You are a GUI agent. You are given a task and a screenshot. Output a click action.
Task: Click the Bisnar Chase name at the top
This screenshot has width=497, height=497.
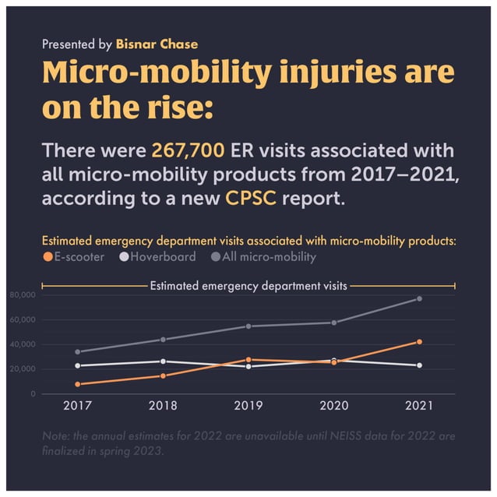157,44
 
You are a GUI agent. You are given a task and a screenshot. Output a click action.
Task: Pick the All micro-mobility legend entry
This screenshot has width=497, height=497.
263,256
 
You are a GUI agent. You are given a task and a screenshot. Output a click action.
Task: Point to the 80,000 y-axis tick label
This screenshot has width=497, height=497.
23,295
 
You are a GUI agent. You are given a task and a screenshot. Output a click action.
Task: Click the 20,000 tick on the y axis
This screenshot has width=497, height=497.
23,369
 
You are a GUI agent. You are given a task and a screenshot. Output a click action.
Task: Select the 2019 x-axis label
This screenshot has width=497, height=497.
248,405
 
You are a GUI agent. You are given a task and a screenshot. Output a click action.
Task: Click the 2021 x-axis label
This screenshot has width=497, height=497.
419,405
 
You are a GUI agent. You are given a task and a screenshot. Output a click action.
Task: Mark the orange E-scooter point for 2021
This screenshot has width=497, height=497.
419,342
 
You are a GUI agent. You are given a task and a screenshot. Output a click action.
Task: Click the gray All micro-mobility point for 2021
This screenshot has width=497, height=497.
419,298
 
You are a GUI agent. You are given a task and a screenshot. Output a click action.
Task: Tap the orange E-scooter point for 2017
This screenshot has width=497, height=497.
77,384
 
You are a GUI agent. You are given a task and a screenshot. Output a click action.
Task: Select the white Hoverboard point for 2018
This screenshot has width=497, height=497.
163,361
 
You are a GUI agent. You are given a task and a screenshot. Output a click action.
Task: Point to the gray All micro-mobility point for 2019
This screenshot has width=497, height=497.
248,326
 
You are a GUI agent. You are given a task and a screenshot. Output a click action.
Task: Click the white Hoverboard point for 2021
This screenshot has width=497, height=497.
419,365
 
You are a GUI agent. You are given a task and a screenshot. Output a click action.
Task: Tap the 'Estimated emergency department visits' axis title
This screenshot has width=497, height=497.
248,286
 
